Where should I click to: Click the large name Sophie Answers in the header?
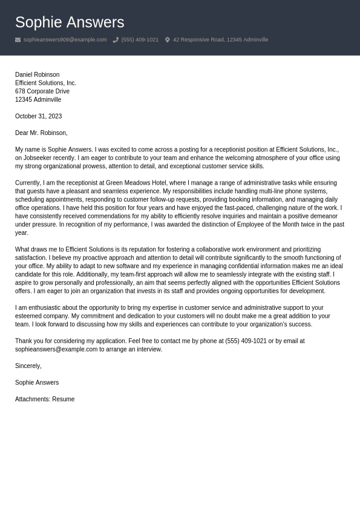tap(70, 22)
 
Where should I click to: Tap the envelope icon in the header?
tap(18, 40)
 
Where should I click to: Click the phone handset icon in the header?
tap(116, 40)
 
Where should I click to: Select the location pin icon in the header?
tap(168, 40)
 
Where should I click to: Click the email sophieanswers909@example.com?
tap(65, 40)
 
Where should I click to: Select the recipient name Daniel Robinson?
tap(37, 74)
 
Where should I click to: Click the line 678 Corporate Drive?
tap(42, 91)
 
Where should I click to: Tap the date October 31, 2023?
tap(38, 116)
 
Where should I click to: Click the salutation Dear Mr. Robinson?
tap(41, 133)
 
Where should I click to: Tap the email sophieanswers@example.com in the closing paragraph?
tap(56, 349)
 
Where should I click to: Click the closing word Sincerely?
tap(28, 366)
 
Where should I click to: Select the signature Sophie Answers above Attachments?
tap(37, 383)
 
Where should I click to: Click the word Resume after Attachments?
tap(64, 399)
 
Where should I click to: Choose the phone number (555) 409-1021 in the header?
tap(140, 40)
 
